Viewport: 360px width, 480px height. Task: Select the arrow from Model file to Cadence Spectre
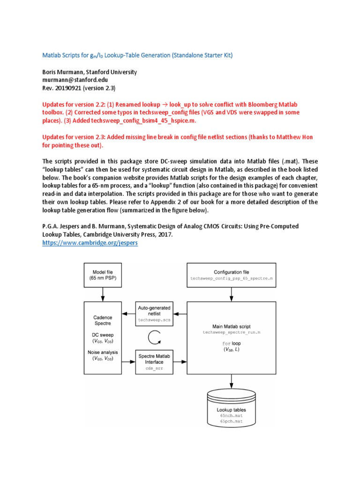click(102, 295)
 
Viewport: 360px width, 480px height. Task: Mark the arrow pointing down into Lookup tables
click(231, 382)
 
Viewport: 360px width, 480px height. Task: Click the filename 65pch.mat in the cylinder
click(231, 422)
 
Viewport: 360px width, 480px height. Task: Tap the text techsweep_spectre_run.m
click(231, 332)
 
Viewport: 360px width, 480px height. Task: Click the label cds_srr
click(154, 369)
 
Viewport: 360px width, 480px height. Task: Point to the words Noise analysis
click(102, 352)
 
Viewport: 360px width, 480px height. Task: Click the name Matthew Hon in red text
click(299, 137)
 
